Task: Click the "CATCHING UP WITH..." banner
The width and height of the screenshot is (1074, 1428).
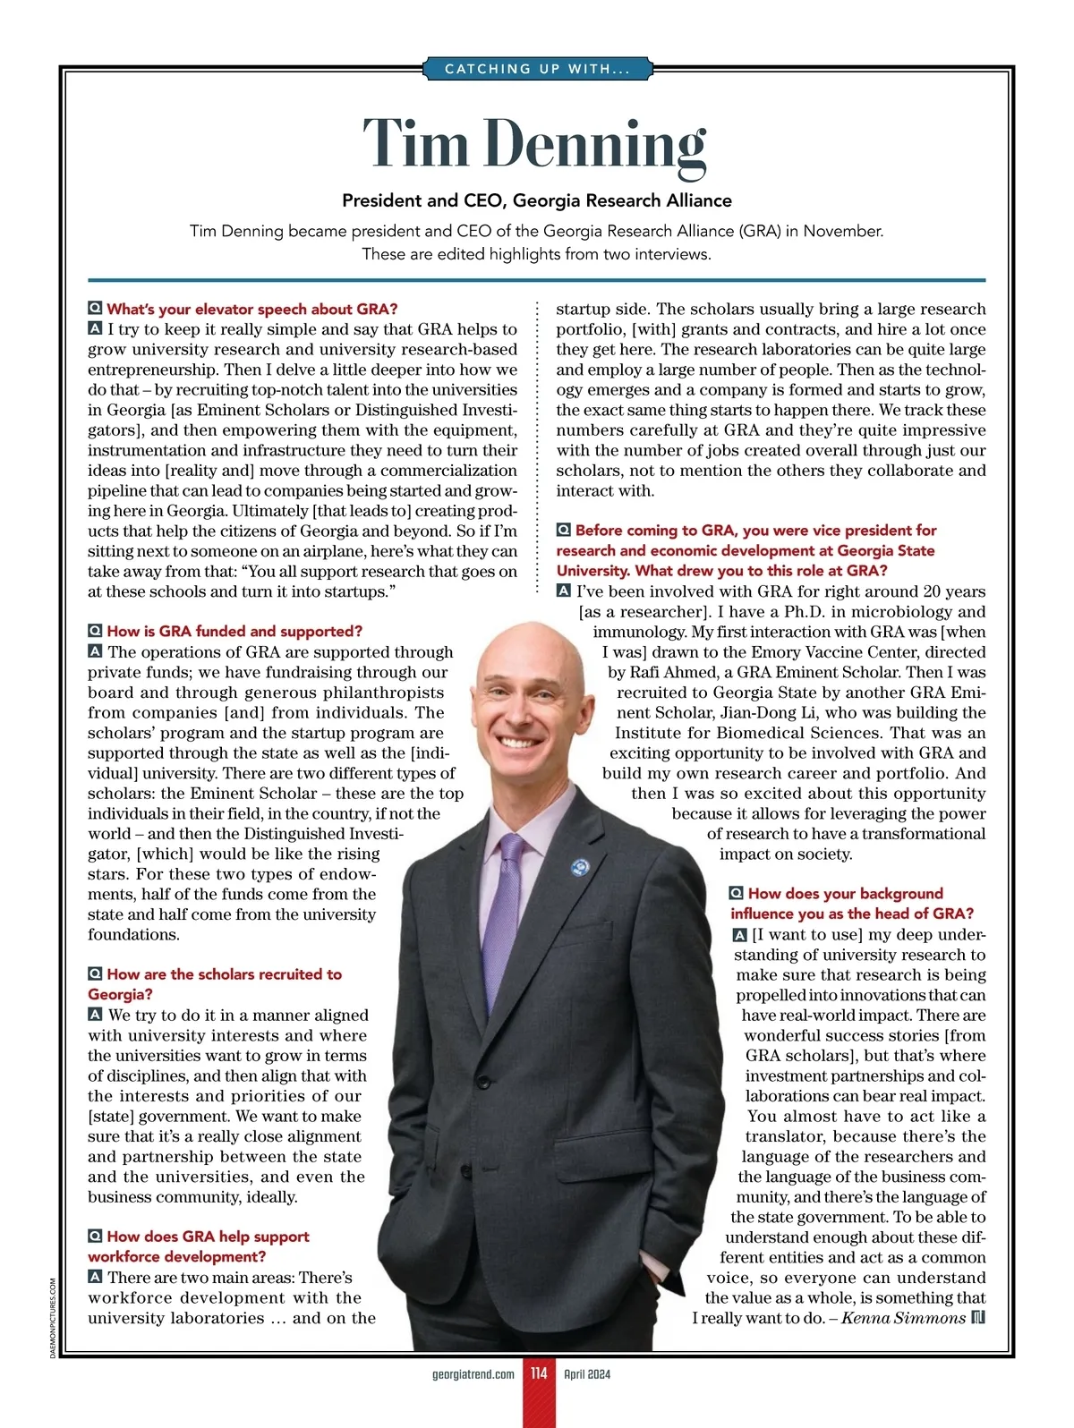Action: pos(537,69)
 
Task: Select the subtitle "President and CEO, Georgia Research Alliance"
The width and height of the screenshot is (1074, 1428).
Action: pos(537,200)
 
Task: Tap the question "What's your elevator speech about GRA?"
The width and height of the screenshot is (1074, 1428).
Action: pos(251,309)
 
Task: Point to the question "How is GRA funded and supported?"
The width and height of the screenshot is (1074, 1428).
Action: pos(234,631)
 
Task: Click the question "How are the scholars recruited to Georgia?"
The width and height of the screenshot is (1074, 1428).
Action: pos(215,983)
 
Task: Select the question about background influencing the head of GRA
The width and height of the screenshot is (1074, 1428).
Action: pos(851,903)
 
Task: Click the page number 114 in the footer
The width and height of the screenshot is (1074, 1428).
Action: pos(539,1373)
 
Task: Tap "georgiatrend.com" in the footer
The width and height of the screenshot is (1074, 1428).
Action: pos(473,1374)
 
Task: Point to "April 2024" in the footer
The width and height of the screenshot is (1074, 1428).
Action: pos(587,1374)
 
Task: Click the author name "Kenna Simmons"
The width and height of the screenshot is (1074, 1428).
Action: pos(904,1318)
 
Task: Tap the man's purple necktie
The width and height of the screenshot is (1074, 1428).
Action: pos(512,904)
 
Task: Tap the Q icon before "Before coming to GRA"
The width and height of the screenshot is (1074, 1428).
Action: pos(564,530)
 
